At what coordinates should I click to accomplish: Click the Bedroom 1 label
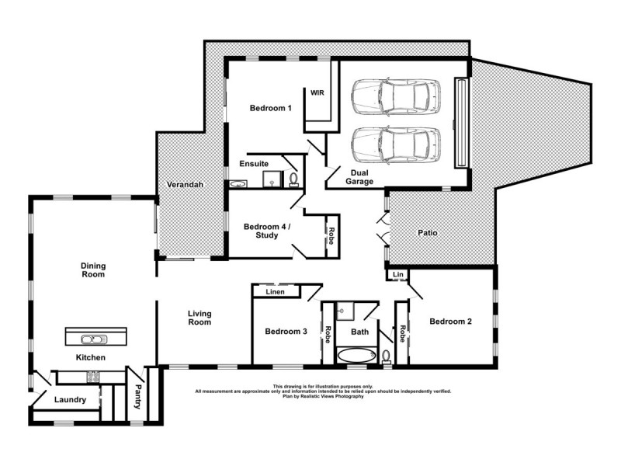[x=270, y=108]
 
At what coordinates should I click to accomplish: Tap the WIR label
[x=317, y=92]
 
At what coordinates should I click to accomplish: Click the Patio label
[x=428, y=232]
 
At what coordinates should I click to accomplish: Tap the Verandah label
[x=185, y=185]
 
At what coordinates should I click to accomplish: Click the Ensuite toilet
[x=293, y=179]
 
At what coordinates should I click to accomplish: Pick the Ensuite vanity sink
[x=238, y=184]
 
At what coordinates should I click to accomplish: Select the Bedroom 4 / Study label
[x=266, y=231]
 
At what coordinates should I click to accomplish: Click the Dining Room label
[x=93, y=270]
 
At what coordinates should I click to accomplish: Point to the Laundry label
[x=71, y=400]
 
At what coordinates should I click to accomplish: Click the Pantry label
[x=137, y=398]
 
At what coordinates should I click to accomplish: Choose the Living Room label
[x=199, y=318]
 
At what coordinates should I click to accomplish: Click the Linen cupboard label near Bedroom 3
[x=275, y=292]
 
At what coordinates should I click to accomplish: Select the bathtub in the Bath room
[x=356, y=356]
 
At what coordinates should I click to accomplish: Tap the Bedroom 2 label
[x=451, y=321]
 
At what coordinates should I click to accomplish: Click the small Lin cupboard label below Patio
[x=397, y=274]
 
